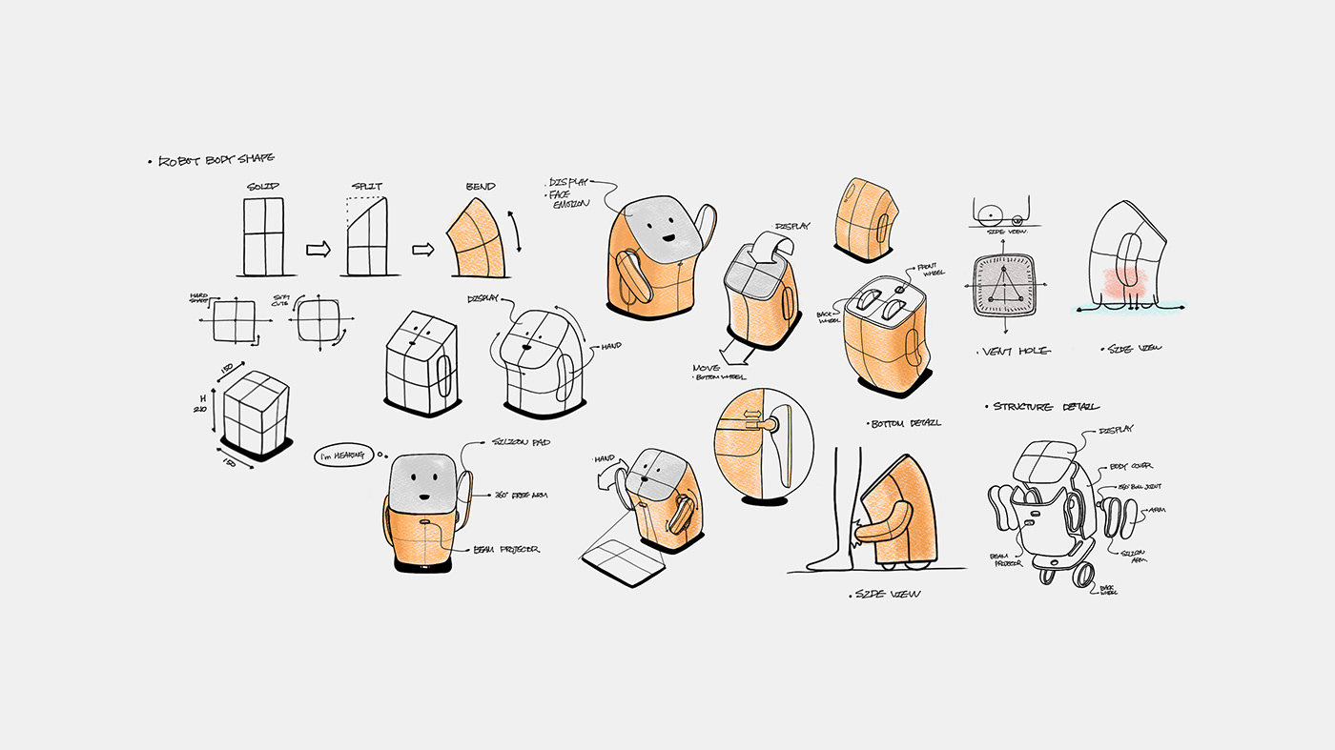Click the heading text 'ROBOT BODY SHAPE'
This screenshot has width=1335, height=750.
click(x=216, y=160)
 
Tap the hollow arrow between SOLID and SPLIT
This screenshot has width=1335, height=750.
click(x=318, y=250)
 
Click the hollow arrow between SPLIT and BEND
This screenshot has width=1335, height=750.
click(x=422, y=250)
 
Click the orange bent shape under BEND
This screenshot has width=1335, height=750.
click(x=480, y=238)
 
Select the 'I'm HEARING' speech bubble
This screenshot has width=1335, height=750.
click(x=341, y=456)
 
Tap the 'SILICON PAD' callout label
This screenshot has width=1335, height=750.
click(x=521, y=443)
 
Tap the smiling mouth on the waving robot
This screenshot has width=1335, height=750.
click(x=668, y=239)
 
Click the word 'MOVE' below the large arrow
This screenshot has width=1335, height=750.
click(x=707, y=367)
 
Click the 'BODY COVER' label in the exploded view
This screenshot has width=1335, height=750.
click(x=1132, y=466)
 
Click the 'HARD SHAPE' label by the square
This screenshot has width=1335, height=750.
click(x=198, y=297)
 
